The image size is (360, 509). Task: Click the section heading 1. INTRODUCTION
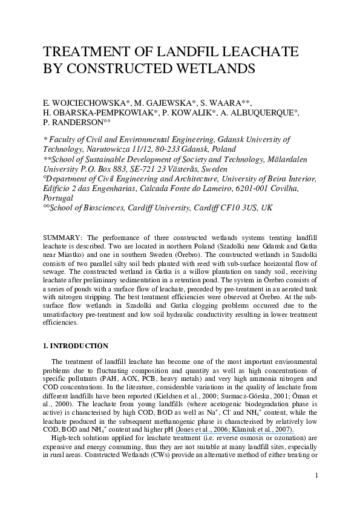point(76,346)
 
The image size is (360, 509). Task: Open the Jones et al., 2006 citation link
point(201,429)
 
